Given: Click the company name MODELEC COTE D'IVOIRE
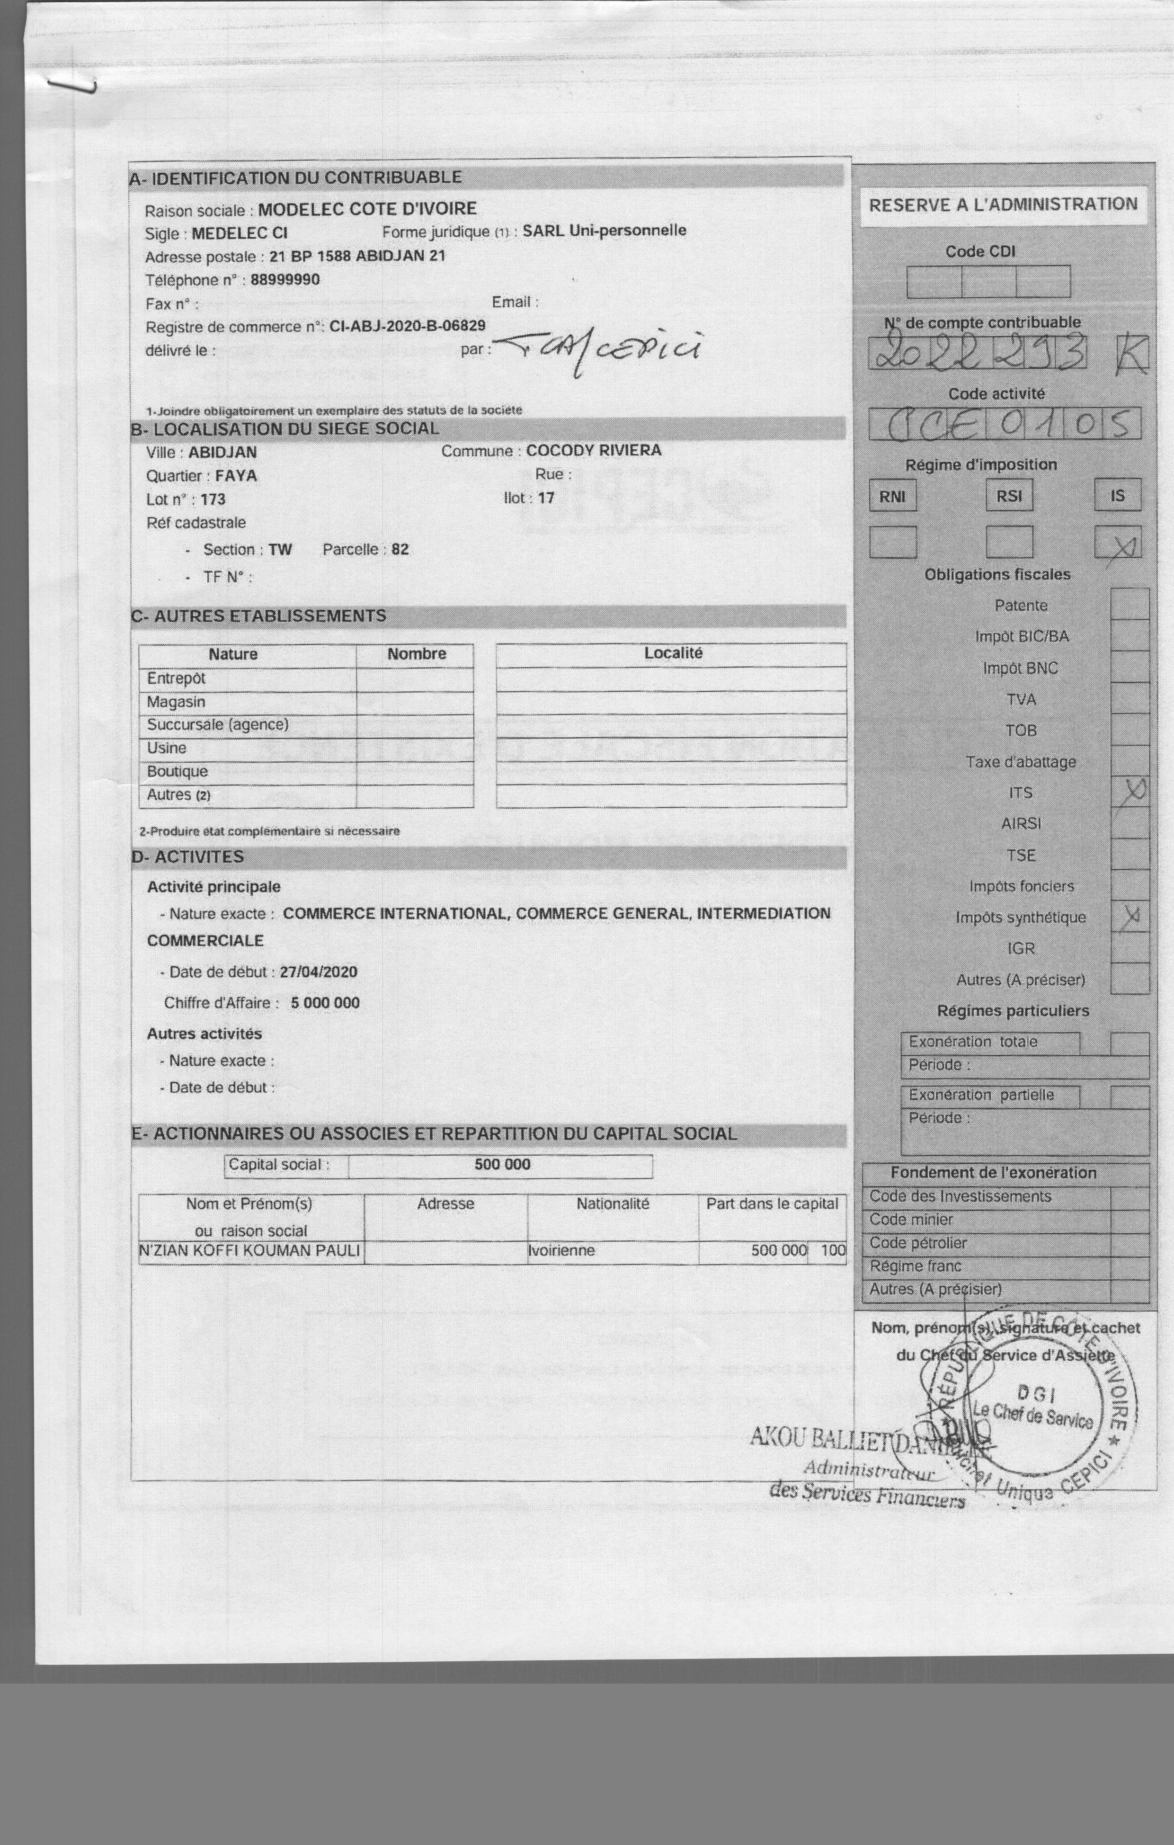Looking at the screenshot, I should [367, 208].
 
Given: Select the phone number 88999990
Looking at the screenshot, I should [285, 280].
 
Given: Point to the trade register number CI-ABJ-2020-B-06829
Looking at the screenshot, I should [407, 326].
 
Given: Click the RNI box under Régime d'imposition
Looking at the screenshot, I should [893, 496].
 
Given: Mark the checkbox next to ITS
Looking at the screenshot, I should [1130, 792].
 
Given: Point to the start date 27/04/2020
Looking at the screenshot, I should [318, 972].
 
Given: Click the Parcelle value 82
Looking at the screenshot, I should [400, 549].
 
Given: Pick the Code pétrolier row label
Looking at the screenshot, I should [918, 1243].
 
